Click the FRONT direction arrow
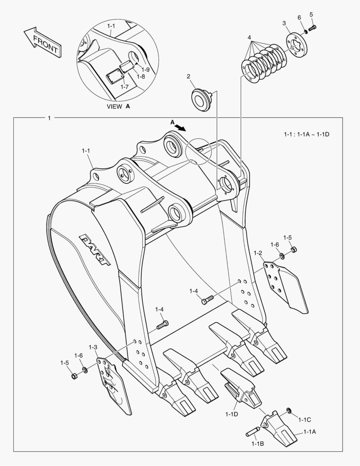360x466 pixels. pos(42,42)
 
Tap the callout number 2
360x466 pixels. pos(188,76)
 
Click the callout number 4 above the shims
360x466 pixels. pos(249,38)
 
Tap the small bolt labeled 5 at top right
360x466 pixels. pos(312,28)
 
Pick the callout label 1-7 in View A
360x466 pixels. pos(125,87)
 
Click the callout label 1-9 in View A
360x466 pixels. pos(145,69)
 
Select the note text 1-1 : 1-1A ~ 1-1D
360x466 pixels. pos(307,134)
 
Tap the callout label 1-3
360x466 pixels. pos(93,347)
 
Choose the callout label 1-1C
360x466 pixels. pos(304,419)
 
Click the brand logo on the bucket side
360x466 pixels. pos(94,250)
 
